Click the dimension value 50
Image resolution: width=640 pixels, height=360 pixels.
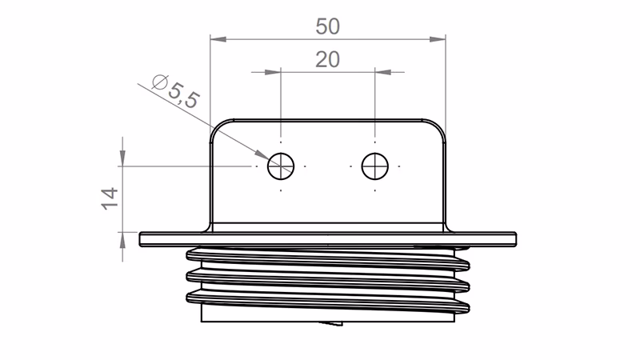coord(328,26)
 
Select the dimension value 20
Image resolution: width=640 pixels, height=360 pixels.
coord(328,60)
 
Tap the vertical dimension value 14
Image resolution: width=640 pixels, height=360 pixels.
coord(110,198)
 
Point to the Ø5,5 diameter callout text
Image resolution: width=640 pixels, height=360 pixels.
coord(174,90)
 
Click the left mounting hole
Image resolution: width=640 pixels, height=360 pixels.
coord(281,166)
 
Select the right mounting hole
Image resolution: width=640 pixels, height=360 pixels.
coord(374,166)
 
